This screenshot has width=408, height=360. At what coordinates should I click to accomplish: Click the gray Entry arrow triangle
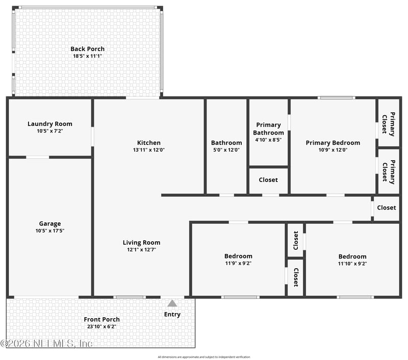[x=172, y=303]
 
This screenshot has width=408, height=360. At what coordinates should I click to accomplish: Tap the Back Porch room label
[x=87, y=49]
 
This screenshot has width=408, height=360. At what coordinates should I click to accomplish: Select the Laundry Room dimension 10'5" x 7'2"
[x=49, y=131]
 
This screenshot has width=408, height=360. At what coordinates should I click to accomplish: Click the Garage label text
[x=50, y=223]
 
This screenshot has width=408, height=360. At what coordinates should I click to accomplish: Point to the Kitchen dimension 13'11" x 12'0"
[x=148, y=150]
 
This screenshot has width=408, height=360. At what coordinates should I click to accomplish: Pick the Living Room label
[x=141, y=243]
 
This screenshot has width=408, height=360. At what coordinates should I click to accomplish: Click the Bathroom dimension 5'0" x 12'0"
[x=226, y=150]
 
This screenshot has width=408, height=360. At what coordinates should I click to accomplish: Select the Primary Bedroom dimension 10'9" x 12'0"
[x=333, y=150]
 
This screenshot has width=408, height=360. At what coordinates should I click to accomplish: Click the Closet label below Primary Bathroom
[x=268, y=179]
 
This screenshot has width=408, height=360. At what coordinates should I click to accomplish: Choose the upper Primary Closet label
[x=389, y=124]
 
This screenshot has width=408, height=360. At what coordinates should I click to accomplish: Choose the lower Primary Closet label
[x=389, y=171]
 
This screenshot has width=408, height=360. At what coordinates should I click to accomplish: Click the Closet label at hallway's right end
[x=386, y=208]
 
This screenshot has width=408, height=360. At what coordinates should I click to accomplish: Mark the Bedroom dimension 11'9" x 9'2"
[x=238, y=263]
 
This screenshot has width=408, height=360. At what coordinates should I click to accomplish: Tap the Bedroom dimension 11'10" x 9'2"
[x=352, y=264]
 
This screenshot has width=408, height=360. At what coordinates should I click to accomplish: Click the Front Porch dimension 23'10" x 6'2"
[x=101, y=326]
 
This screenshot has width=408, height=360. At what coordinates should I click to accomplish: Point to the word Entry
[x=172, y=315]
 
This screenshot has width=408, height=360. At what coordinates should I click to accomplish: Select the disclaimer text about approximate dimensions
[x=204, y=357]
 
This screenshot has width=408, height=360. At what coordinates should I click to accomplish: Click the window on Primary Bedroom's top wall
[x=336, y=97]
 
